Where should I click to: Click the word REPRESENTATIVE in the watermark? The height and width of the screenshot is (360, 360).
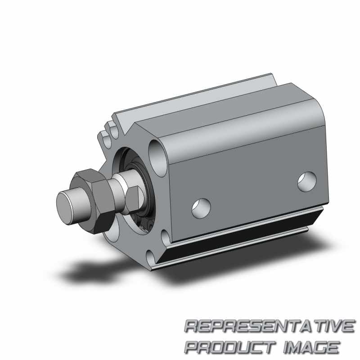point(270,326)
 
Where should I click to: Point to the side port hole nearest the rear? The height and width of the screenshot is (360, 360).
point(307,181)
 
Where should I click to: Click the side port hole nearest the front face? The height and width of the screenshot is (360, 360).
point(201,208)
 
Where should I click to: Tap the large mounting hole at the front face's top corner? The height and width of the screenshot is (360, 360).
point(158,158)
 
